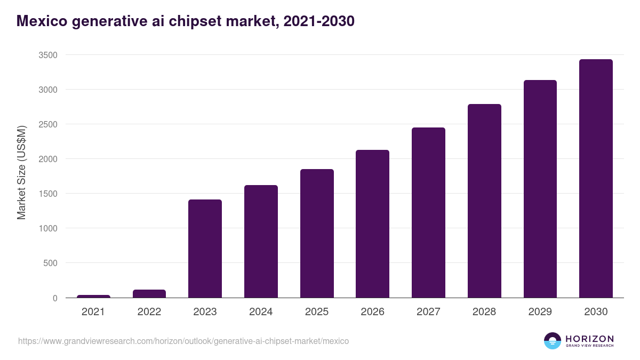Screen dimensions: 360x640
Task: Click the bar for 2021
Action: click(x=93, y=296)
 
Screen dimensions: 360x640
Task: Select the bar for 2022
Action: click(x=149, y=293)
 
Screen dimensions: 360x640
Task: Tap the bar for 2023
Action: click(x=205, y=249)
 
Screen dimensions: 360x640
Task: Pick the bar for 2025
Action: click(x=317, y=233)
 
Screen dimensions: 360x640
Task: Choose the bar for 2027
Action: click(x=428, y=212)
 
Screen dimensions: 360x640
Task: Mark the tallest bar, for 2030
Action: click(x=596, y=178)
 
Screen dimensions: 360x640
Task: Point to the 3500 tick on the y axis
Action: click(x=47, y=55)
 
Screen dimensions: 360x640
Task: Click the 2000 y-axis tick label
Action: click(x=47, y=159)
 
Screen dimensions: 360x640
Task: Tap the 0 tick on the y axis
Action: click(x=55, y=298)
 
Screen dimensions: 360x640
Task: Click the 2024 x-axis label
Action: click(x=261, y=312)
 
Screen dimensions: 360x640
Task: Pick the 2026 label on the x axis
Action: click(x=372, y=312)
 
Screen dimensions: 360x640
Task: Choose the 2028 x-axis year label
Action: click(x=484, y=312)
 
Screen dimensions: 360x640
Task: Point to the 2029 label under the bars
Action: click(x=540, y=312)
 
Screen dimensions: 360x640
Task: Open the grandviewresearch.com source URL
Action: click(x=183, y=341)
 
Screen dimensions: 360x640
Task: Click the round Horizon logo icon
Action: click(x=553, y=341)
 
